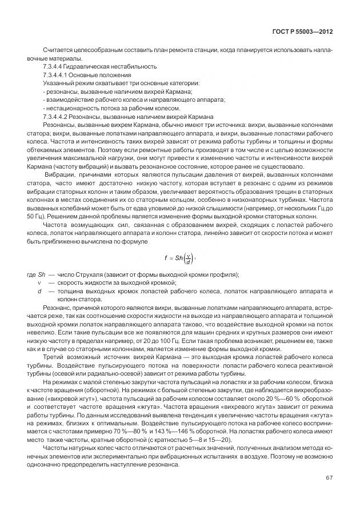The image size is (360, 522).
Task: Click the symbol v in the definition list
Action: click(x=39, y=283)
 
